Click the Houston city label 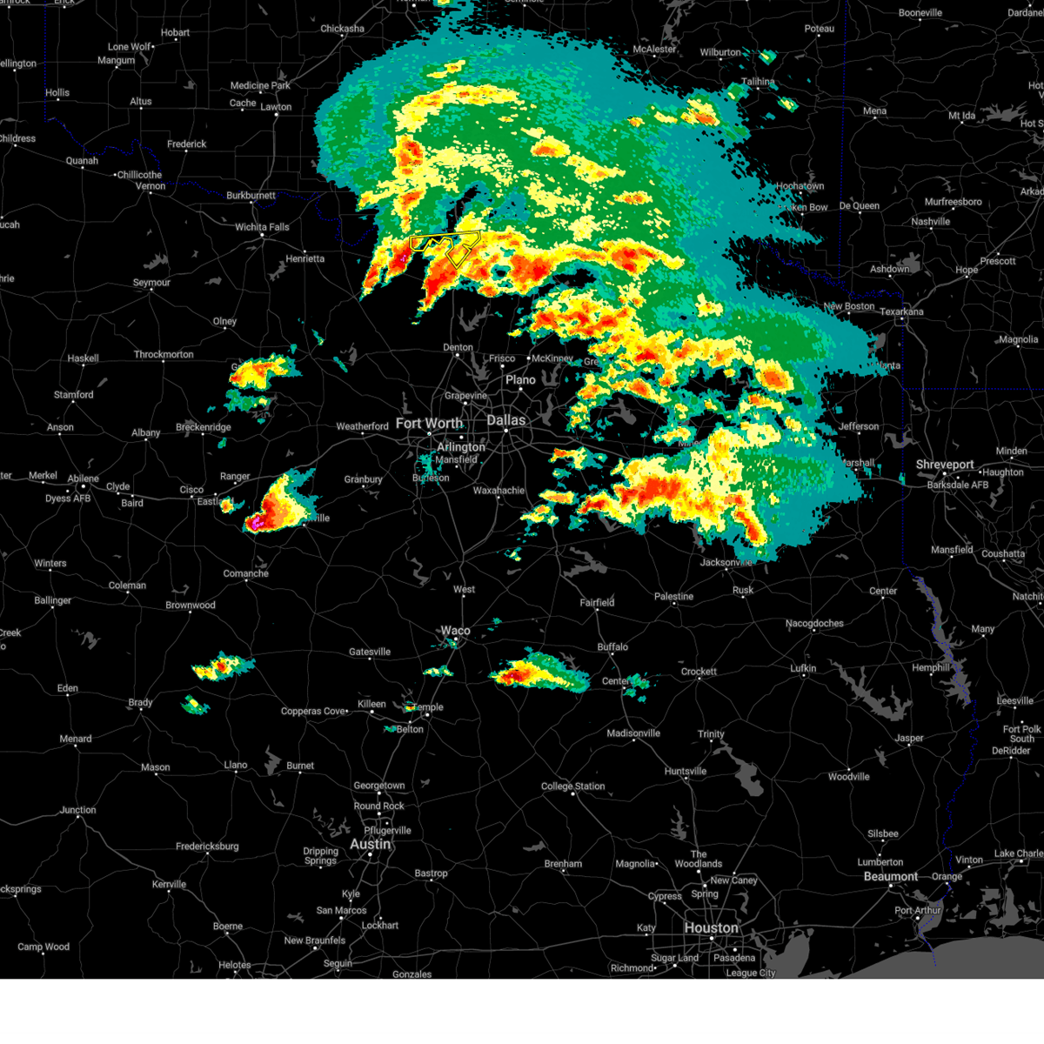[x=711, y=928]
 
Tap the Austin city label [x=371, y=845]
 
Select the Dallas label [x=505, y=420]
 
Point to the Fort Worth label [x=429, y=424]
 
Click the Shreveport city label [x=945, y=465]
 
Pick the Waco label [x=455, y=631]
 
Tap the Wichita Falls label [x=262, y=227]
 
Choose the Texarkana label [x=901, y=311]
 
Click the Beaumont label [x=891, y=876]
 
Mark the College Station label [x=572, y=786]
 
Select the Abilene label [x=84, y=478]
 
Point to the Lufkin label [x=803, y=668]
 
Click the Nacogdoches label [x=814, y=623]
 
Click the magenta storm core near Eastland [x=256, y=523]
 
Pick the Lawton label [x=276, y=107]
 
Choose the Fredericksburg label [x=207, y=847]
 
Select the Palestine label [x=673, y=597]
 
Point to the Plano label [x=520, y=380]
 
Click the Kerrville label [x=169, y=884]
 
